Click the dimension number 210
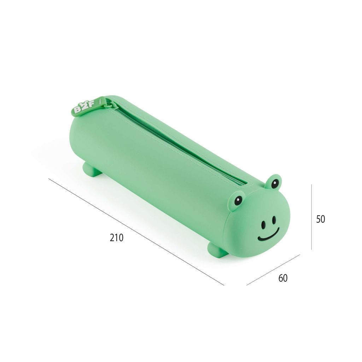pos(117,237)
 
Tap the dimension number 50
pos(320,219)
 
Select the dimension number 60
pos(283,278)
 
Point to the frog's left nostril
pos(263,224)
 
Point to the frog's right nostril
pos(274,220)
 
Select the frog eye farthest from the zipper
pos(238,200)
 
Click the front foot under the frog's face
pos(218,250)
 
